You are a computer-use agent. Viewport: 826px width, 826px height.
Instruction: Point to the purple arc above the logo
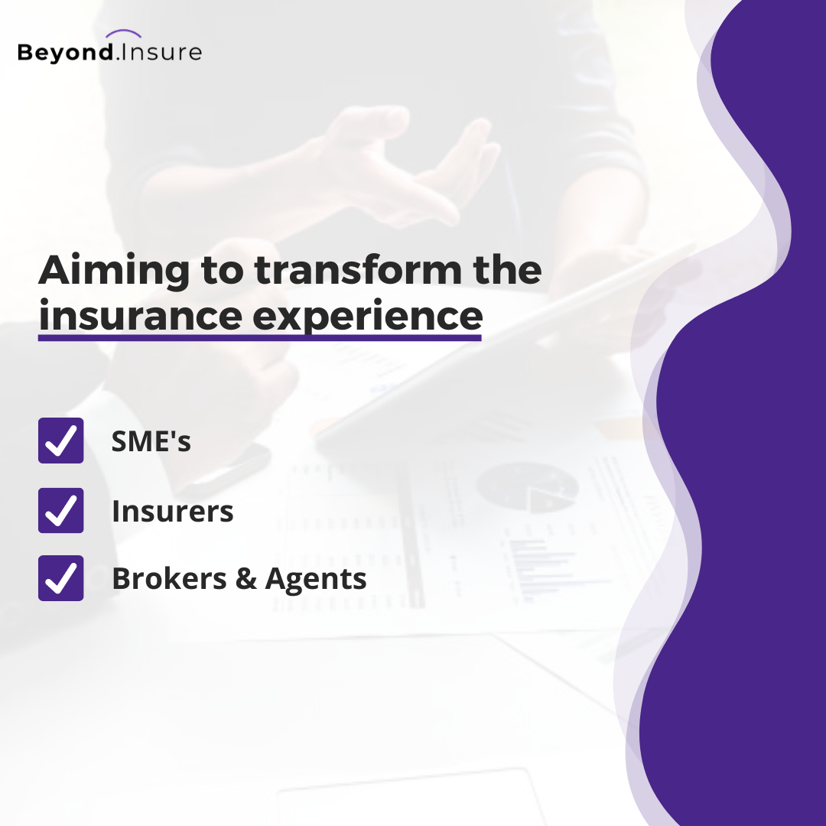click(124, 34)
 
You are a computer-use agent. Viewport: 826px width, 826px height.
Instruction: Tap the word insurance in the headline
click(140, 316)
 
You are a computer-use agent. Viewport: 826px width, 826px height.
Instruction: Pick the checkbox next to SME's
click(60, 441)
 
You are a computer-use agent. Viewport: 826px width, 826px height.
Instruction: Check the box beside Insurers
click(60, 510)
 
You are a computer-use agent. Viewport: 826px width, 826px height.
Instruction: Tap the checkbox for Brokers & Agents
click(60, 578)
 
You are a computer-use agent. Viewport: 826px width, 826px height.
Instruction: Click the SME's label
click(151, 441)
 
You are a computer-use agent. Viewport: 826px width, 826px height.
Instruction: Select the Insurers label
click(173, 511)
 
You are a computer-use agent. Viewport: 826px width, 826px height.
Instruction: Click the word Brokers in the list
click(168, 579)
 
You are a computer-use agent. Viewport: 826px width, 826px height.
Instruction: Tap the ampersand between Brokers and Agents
click(246, 579)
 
